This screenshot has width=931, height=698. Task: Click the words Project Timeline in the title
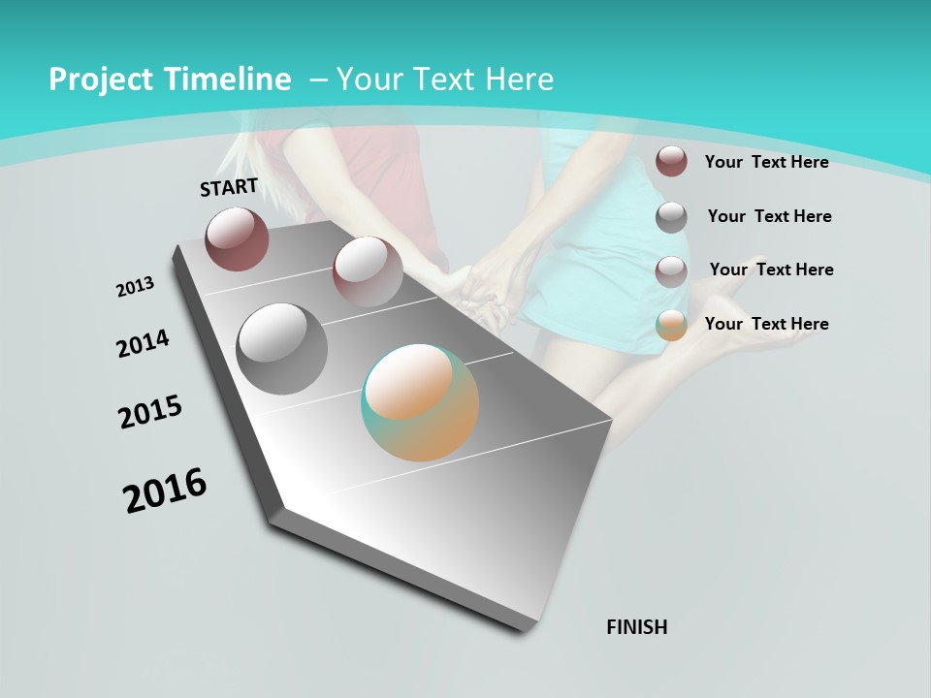(170, 79)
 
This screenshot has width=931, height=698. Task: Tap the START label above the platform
(229, 187)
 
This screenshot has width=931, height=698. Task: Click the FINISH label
(637, 627)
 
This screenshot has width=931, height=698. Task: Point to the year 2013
(136, 287)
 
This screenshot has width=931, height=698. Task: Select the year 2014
(144, 343)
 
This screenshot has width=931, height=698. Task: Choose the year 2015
(150, 412)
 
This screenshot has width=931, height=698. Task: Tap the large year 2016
(165, 490)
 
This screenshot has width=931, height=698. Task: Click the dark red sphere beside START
(237, 238)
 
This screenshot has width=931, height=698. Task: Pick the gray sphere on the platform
(282, 349)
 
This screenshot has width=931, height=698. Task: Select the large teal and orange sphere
(420, 402)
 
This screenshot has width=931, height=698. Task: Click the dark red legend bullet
(671, 161)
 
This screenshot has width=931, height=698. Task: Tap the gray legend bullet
(671, 217)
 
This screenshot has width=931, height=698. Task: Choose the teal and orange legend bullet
(671, 325)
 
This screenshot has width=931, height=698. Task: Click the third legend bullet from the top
(671, 271)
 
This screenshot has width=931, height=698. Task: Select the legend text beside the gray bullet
(769, 216)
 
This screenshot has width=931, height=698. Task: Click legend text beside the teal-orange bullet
(766, 324)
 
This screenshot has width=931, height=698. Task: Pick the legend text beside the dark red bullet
(766, 162)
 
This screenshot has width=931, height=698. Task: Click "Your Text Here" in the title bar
(445, 79)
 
